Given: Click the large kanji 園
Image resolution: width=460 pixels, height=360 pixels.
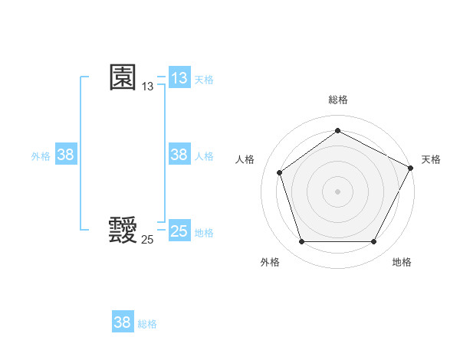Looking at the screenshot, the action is point(123,77).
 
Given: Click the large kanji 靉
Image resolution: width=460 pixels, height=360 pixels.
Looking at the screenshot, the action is point(123,230).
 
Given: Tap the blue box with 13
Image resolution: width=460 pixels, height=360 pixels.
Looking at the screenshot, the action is point(179,78).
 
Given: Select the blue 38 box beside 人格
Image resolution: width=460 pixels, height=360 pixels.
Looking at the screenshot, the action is point(179,155).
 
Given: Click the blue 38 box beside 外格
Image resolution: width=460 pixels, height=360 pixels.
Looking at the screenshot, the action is point(66,155).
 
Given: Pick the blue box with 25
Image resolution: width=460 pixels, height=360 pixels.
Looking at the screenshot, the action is point(179,231).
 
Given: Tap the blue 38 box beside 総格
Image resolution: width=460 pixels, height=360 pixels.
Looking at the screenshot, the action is point(123,322).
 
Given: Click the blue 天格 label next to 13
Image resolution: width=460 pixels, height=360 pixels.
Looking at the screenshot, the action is point(204,79).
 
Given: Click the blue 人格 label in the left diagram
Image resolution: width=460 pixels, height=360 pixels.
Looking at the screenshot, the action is point(204,155).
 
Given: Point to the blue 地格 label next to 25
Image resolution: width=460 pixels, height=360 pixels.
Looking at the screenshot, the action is point(204,232).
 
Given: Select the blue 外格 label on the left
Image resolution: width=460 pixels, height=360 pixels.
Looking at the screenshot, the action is point(41,155).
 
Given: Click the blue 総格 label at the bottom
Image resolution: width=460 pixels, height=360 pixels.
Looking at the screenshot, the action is point(147,323).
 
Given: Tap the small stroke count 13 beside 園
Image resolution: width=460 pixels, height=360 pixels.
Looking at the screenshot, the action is point(147,87).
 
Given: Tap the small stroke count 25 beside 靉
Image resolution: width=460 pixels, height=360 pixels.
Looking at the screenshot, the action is point(147,240).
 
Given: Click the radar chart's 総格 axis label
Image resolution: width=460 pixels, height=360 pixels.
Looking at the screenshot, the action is point(337,100).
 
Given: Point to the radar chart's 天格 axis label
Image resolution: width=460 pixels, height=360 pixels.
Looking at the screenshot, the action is point(431,159).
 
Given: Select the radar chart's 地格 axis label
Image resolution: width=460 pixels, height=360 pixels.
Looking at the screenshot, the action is point(402,262).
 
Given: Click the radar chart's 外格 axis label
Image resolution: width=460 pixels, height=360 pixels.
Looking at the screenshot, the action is point(270,262).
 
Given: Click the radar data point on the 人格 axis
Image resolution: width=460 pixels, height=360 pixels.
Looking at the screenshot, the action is point(280,172).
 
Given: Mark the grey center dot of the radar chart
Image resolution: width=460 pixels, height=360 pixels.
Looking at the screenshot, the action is point(337,191).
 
